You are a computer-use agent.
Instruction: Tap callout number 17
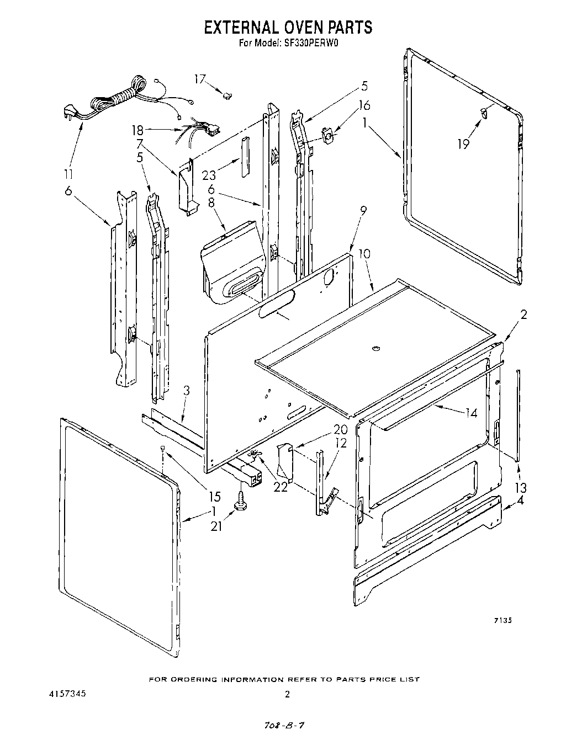pos(200,79)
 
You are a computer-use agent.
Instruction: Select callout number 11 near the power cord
pos(68,174)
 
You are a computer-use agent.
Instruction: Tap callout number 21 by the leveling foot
pos(216,526)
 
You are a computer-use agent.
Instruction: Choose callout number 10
pos(364,254)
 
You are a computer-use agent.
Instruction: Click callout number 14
pos(472,412)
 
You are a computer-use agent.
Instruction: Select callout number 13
pos(520,487)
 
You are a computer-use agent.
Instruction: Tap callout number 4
pos(520,502)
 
